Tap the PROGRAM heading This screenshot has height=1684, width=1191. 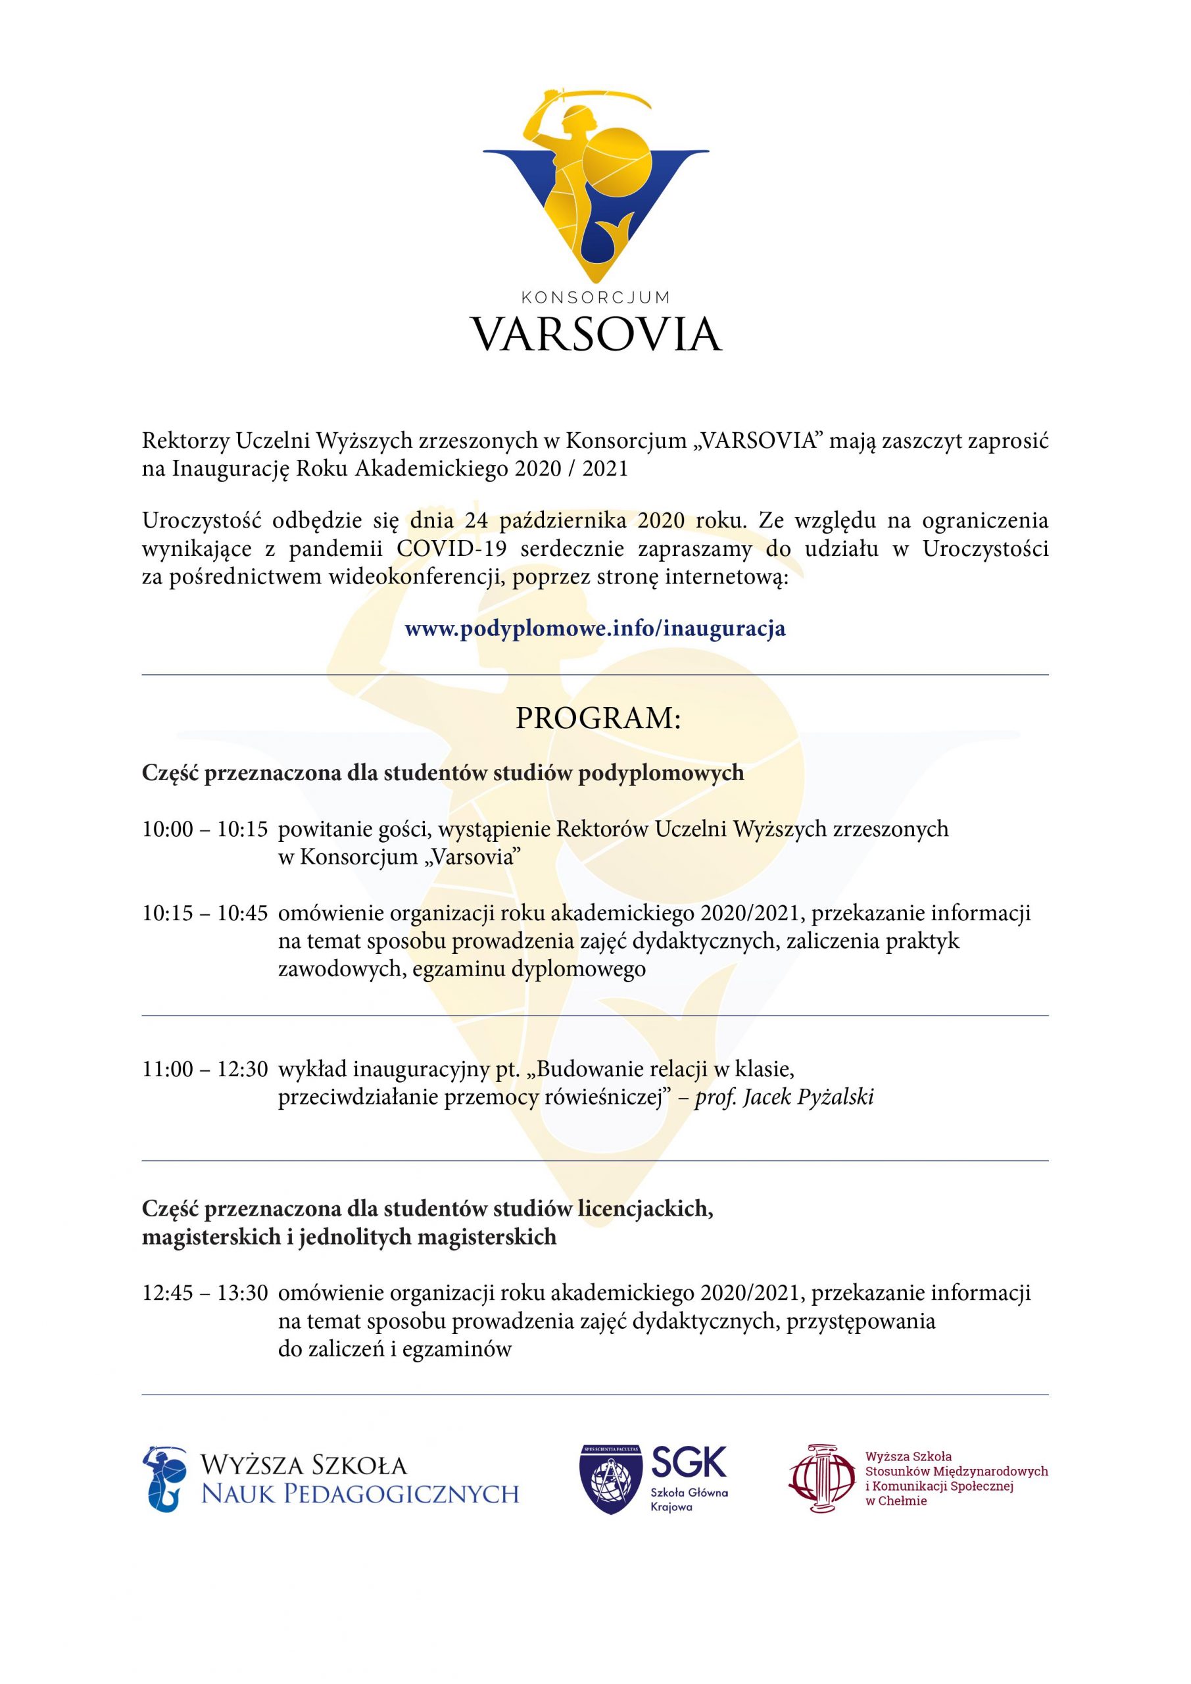click(598, 718)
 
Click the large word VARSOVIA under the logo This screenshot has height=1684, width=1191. click(596, 334)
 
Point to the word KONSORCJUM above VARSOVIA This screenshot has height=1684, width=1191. click(596, 297)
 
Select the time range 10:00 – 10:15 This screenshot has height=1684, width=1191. click(205, 830)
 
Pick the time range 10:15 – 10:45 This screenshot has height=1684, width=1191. click(205, 913)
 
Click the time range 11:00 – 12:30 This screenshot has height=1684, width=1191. click(205, 1070)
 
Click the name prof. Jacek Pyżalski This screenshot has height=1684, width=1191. click(784, 1097)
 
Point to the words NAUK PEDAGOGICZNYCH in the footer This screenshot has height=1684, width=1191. click(360, 1493)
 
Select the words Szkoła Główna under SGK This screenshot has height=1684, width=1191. click(689, 1493)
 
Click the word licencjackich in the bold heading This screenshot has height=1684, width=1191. click(644, 1208)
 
